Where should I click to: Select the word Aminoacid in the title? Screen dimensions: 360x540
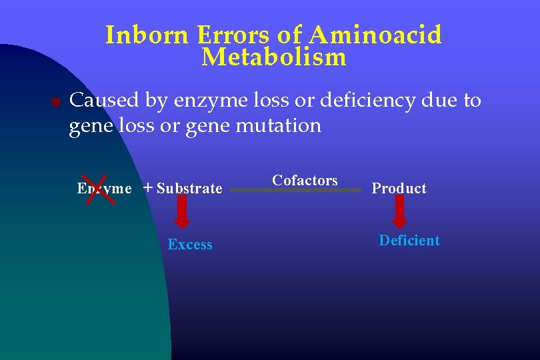(x=375, y=35)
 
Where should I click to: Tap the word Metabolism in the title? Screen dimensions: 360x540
(x=273, y=58)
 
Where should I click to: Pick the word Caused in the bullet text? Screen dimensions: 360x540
(x=103, y=101)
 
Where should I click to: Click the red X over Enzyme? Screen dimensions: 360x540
(x=99, y=188)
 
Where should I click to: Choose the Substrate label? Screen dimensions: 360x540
(x=189, y=188)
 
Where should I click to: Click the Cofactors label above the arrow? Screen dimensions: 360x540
(x=305, y=180)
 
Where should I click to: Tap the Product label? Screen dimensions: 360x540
(x=399, y=188)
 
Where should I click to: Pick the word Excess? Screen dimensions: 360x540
(x=190, y=245)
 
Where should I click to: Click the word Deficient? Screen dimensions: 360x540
(x=409, y=241)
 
